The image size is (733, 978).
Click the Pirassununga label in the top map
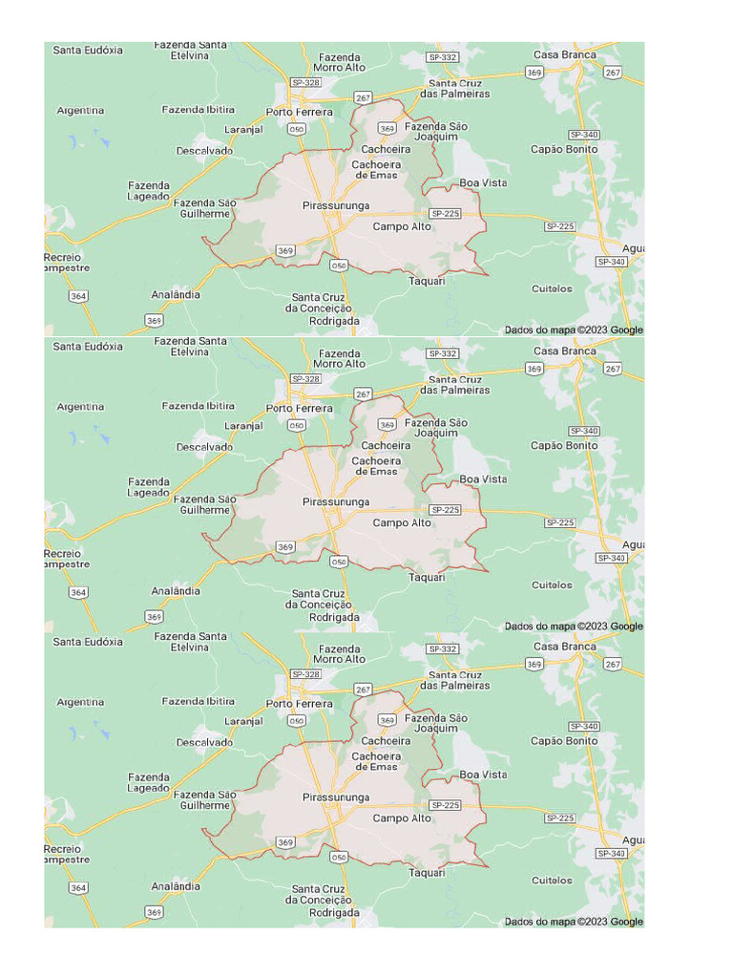[x=335, y=206]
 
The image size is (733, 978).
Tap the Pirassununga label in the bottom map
[x=335, y=797]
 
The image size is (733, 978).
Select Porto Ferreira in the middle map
[x=300, y=409]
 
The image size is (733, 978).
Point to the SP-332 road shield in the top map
[x=443, y=57]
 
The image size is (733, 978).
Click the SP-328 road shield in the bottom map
[x=305, y=674]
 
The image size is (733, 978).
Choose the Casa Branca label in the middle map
[x=564, y=351]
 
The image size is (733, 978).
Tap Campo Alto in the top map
[x=402, y=227]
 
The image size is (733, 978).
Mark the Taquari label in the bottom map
[x=427, y=873]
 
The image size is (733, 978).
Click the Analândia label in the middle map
[x=176, y=591]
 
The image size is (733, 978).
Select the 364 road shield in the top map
[x=78, y=297]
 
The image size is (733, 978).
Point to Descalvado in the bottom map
[x=204, y=742]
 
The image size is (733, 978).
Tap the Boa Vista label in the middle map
[x=483, y=479]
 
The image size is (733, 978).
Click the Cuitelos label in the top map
[x=552, y=288]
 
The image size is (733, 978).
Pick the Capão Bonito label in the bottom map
[x=564, y=741]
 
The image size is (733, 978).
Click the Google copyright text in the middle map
[x=574, y=627]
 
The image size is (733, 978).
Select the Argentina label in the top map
[x=80, y=111]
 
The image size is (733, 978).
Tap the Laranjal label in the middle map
[x=243, y=426]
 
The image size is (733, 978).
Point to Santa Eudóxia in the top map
[x=88, y=50]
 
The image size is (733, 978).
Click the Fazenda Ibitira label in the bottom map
[x=198, y=702]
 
